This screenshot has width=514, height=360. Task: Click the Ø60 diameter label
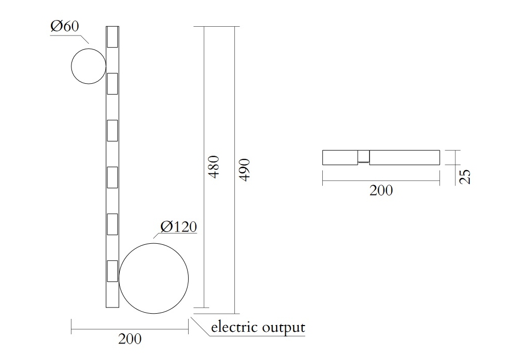point(65,27)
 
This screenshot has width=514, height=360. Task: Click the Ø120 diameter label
point(178,226)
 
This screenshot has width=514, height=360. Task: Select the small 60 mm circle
point(88,66)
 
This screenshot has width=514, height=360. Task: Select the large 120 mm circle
point(154,278)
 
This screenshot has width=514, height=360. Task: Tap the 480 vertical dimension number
point(214,167)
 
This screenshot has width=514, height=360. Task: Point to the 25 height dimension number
point(465,176)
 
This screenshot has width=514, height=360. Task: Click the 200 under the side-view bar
point(381,191)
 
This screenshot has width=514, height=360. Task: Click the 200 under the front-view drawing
point(130,339)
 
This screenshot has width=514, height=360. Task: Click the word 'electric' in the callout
point(234,327)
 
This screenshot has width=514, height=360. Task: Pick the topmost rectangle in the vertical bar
point(112,37)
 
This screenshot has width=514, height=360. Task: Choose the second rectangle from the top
point(112,83)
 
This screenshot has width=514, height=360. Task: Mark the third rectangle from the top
point(112,130)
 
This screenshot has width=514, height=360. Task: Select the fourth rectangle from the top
point(112,177)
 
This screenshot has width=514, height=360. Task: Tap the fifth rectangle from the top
point(112,224)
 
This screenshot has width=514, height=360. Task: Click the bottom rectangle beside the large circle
point(112,271)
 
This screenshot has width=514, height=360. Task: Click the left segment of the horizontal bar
point(340,157)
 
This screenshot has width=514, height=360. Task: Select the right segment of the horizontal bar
point(405,157)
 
